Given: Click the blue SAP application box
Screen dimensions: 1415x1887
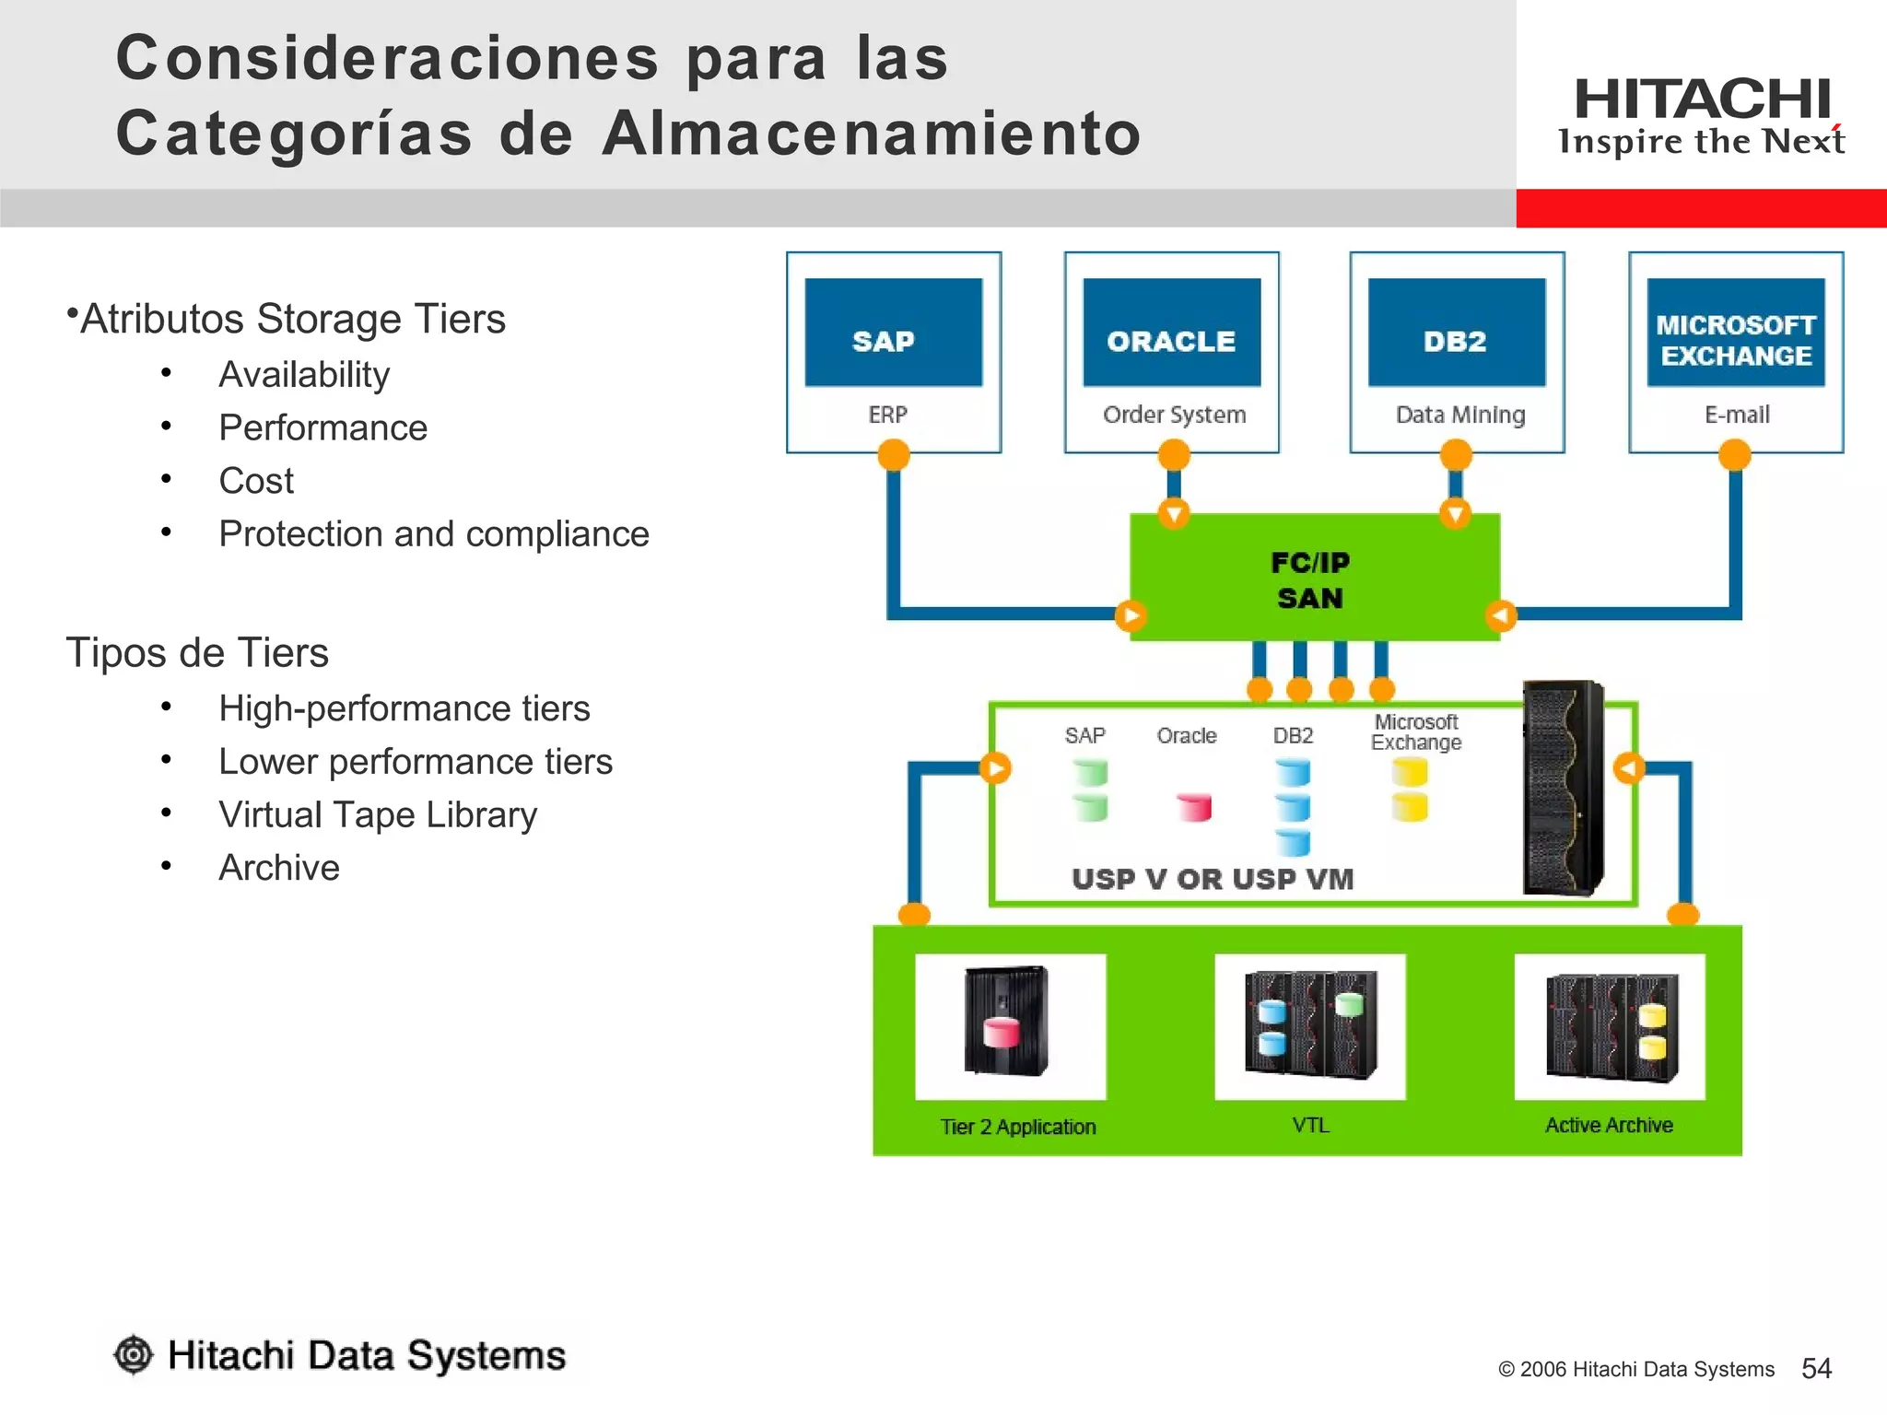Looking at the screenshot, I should click(893, 333).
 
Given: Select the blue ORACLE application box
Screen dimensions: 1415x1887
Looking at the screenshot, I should click(1171, 333).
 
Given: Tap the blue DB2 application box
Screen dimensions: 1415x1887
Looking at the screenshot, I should click(1456, 333).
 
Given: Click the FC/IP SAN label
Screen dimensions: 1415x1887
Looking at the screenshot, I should click(1310, 580).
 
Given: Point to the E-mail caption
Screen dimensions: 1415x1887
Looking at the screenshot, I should click(1737, 415).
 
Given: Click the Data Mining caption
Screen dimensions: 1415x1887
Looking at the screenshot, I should click(1460, 415).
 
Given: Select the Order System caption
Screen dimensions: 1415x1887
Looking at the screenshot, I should click(1174, 415).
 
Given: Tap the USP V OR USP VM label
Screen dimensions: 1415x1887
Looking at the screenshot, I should click(1213, 879).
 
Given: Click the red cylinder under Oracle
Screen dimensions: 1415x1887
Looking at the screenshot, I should click(1195, 808).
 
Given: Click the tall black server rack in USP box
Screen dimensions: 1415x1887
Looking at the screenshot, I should click(1564, 788).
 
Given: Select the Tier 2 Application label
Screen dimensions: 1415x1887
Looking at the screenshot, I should click(1018, 1127).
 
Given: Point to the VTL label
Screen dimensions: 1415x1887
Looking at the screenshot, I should click(1310, 1125).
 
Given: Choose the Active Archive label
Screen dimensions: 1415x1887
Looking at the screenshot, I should click(1609, 1125).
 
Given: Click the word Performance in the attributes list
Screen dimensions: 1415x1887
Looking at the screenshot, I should click(322, 428).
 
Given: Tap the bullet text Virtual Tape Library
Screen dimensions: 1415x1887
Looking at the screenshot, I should click(378, 815).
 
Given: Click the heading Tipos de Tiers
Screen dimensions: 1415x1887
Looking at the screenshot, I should click(197, 653).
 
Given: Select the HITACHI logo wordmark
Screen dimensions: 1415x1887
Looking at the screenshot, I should click(1702, 99).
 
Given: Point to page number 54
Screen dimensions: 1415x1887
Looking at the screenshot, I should click(1816, 1368).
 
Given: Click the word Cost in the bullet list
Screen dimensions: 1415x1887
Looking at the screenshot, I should click(256, 481).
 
